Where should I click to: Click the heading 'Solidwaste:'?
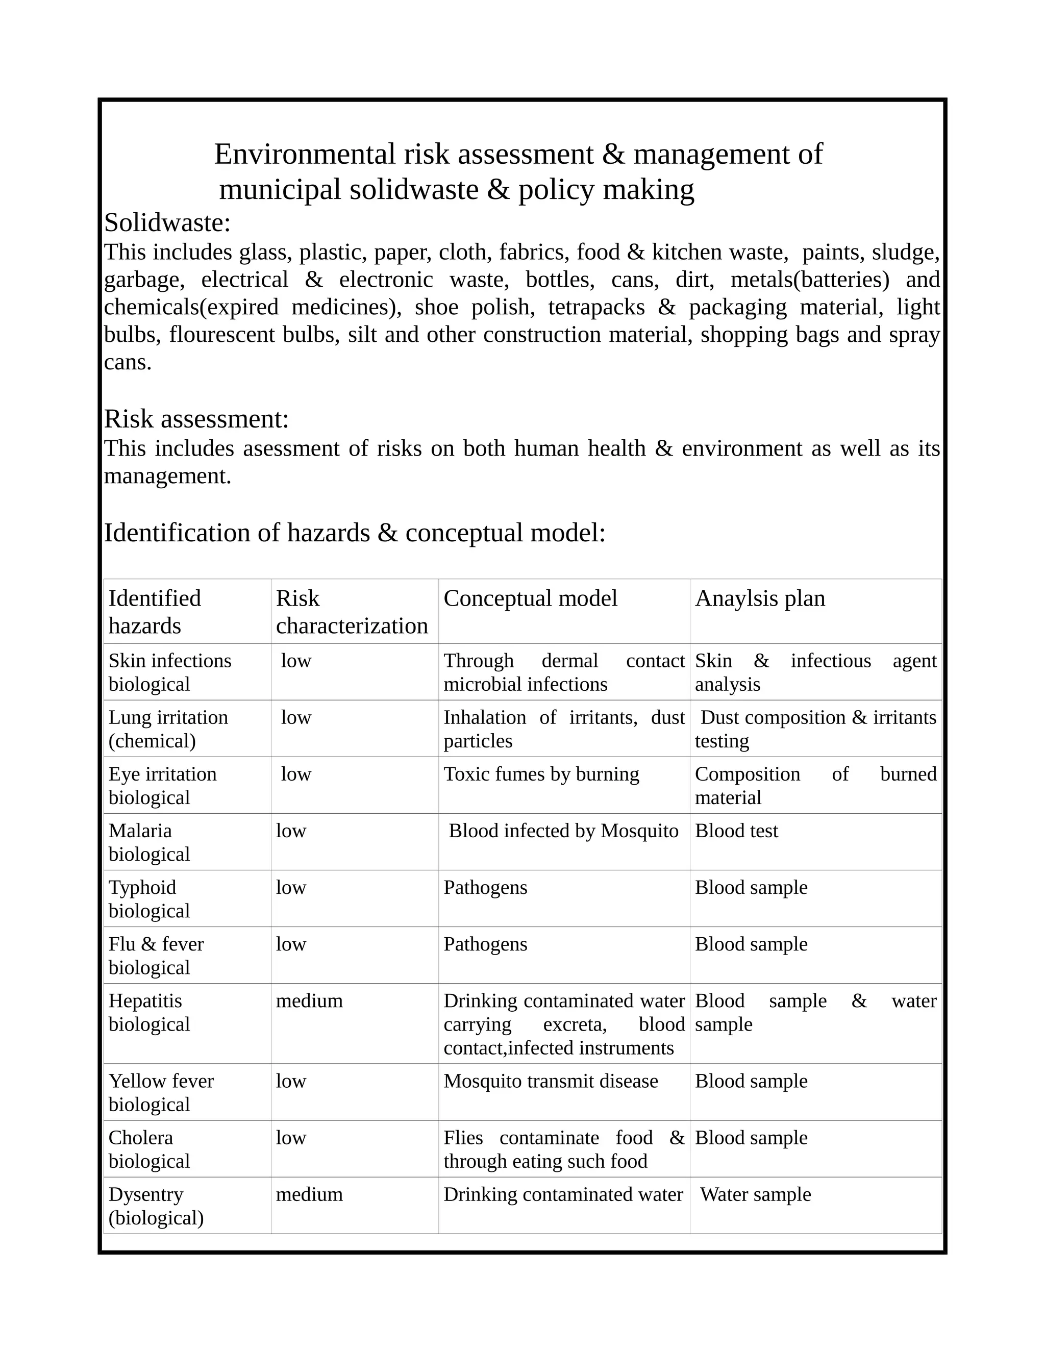point(167,223)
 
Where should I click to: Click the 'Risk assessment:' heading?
point(196,419)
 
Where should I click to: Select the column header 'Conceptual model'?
point(530,598)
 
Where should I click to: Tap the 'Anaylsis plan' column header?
point(760,598)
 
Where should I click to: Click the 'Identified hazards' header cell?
point(155,612)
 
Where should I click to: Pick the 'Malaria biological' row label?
point(149,842)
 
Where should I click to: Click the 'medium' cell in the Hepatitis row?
point(309,1001)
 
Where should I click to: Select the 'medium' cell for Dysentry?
point(309,1194)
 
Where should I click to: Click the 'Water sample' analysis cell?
point(755,1194)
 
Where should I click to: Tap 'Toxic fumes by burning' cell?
point(541,774)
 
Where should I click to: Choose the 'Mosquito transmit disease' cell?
point(551,1081)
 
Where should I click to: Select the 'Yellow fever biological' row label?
point(161,1093)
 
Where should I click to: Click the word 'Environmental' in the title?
point(305,154)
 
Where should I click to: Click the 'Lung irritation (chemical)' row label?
point(168,729)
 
